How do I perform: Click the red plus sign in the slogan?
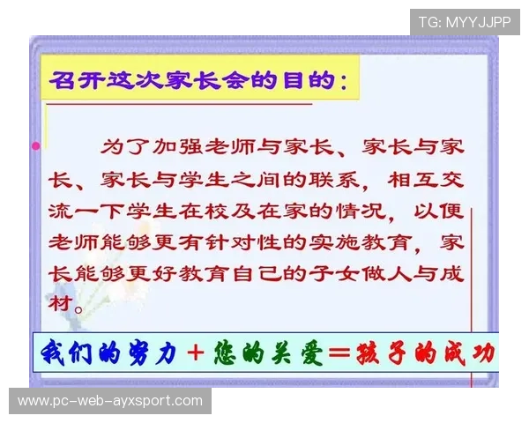(x=196, y=353)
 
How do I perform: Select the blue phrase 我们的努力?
(x=108, y=352)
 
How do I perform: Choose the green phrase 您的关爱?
(x=264, y=352)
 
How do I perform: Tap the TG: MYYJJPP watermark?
(x=464, y=21)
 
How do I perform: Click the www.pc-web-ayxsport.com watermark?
(x=109, y=401)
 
